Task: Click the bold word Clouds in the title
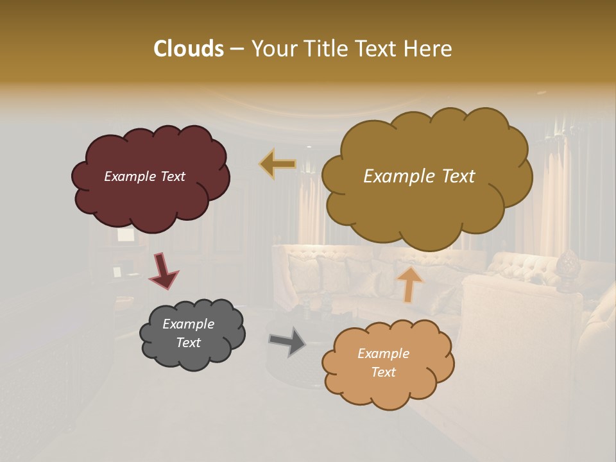click(188, 49)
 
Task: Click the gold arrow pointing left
click(277, 164)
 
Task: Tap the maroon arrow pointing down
click(163, 270)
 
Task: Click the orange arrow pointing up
click(409, 284)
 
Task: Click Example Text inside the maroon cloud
click(144, 176)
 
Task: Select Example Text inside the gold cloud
click(419, 176)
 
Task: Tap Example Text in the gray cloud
click(188, 333)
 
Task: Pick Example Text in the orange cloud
click(383, 363)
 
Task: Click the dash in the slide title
click(236, 49)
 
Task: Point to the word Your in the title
click(272, 49)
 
